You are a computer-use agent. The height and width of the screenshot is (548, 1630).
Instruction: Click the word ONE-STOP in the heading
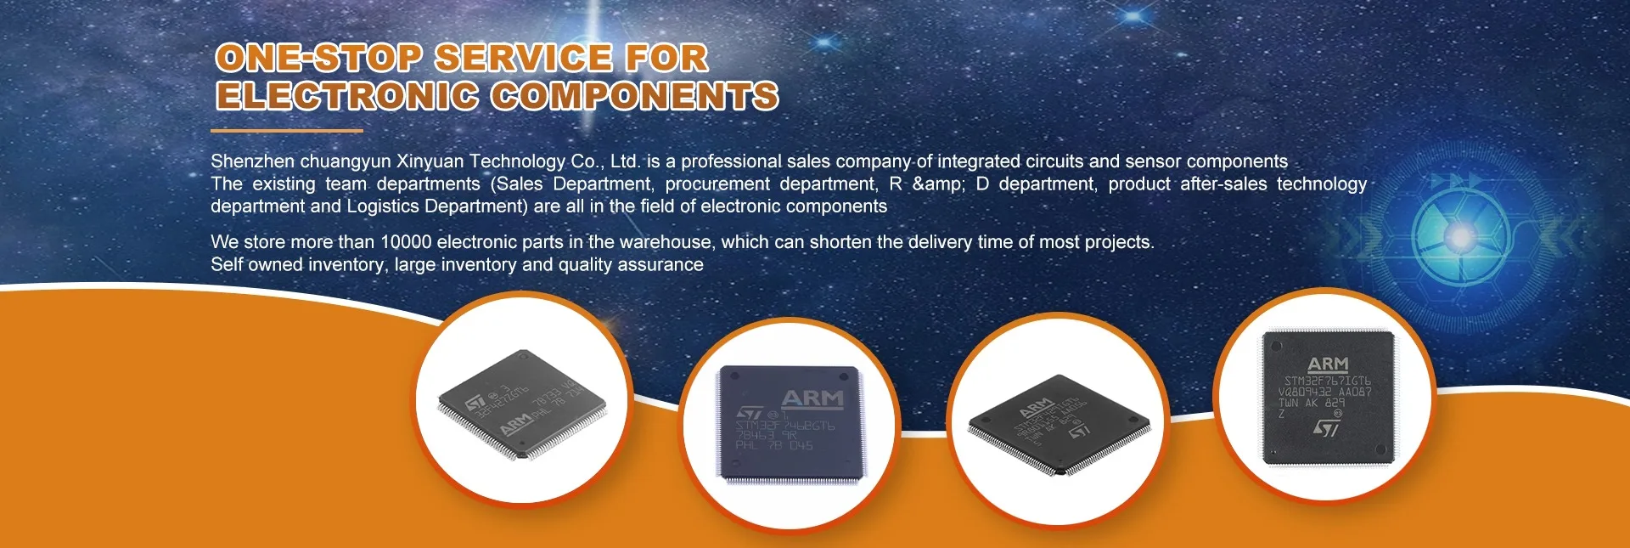[318, 58]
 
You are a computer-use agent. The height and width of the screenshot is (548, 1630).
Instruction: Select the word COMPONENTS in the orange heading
[634, 95]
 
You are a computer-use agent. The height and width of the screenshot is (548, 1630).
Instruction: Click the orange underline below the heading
[286, 131]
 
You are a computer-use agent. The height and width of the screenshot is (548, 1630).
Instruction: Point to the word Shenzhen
[252, 161]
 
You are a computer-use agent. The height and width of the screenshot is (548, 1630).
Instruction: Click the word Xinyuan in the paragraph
[430, 161]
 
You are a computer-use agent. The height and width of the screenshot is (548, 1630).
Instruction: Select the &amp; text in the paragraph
[938, 184]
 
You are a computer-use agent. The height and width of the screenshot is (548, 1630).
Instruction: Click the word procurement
[717, 184]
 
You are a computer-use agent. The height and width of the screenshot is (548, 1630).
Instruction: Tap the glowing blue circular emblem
[1459, 235]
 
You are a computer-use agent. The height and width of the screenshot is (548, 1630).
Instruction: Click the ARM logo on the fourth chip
[1328, 364]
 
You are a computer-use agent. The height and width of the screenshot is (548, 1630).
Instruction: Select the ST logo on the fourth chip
[1326, 428]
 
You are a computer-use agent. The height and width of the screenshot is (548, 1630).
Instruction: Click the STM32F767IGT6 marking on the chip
[1327, 381]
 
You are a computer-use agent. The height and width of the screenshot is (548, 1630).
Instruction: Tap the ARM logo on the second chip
[812, 398]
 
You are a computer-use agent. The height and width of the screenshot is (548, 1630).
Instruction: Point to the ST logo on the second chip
[750, 412]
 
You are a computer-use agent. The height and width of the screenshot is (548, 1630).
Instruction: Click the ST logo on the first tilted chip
[476, 401]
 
